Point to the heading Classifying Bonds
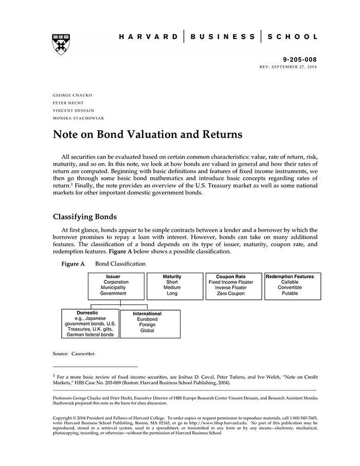85,217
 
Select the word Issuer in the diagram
113,277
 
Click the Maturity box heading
172,277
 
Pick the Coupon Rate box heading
231,277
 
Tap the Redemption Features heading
290,277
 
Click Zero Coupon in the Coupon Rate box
231,294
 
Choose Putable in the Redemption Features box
290,294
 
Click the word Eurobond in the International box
147,319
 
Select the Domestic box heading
87,313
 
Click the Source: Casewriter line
74,354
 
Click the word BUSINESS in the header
223,37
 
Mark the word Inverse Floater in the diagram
231,288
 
